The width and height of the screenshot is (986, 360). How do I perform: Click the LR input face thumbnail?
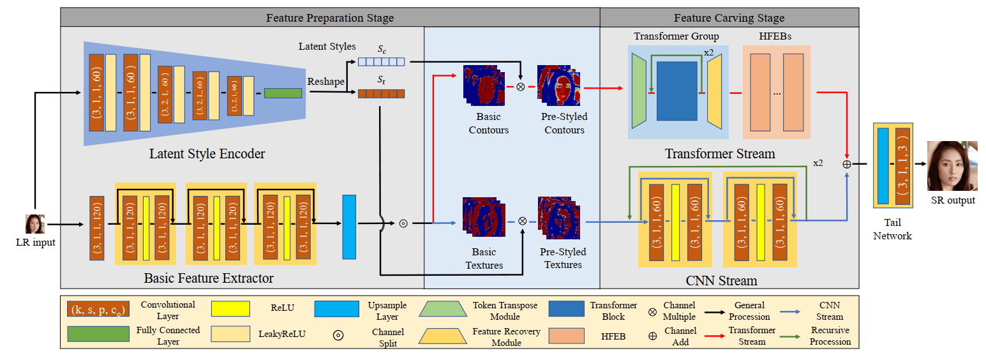click(35, 224)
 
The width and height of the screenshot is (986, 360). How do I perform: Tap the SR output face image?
click(952, 166)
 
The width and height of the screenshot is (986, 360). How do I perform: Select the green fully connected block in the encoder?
click(283, 93)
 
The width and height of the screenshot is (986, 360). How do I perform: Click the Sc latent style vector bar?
click(381, 62)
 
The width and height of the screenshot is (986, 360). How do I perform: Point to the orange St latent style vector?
click(381, 94)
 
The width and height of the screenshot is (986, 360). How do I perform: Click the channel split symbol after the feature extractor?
click(403, 223)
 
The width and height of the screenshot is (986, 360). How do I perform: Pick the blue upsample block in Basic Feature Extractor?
click(349, 227)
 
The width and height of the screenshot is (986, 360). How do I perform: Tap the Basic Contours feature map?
click(484, 86)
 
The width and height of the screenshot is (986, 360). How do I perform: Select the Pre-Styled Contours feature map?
click(558, 86)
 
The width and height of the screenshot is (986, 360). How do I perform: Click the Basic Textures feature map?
click(484, 218)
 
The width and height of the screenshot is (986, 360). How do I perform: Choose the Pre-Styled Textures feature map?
click(558, 218)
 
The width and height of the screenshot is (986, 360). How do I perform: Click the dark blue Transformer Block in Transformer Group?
click(677, 91)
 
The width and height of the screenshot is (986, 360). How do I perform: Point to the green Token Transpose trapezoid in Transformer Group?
click(639, 91)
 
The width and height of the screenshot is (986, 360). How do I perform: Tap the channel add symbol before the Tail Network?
click(846, 164)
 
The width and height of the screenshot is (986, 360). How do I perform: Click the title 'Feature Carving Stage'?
click(729, 18)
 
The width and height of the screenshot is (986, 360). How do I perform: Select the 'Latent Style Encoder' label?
click(207, 154)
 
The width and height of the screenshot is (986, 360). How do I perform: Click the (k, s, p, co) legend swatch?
click(98, 310)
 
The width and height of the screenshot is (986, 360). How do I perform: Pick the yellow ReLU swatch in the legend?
click(230, 309)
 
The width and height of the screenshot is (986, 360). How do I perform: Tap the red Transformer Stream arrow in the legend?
click(715, 336)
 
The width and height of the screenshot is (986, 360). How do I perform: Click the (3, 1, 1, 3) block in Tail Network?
click(902, 165)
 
